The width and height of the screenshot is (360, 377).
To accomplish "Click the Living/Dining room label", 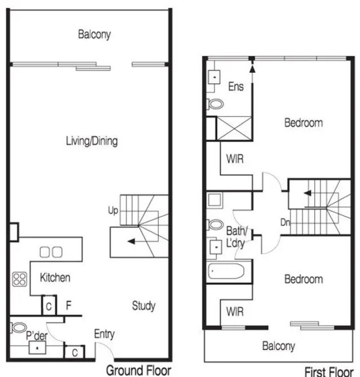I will tap(96, 141).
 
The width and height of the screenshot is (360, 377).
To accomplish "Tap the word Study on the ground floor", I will tap(143, 305).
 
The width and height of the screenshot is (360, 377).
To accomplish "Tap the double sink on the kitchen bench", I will tap(51, 251).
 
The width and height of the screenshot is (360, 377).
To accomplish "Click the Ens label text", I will tap(236, 86).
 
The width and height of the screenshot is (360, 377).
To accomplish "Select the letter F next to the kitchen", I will tap(68, 305).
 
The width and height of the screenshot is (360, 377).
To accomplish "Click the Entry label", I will tap(105, 334).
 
